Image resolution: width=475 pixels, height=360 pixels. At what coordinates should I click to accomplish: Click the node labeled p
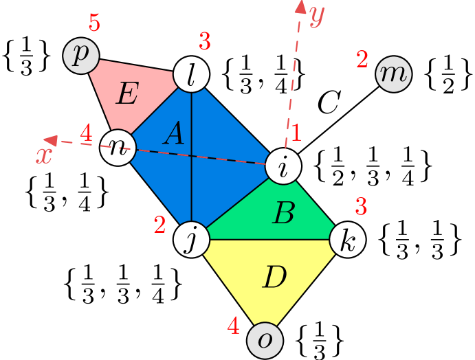(x=81, y=56)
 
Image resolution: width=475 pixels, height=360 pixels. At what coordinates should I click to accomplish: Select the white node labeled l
(x=190, y=74)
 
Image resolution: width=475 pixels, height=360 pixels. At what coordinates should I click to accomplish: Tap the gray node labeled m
(x=393, y=74)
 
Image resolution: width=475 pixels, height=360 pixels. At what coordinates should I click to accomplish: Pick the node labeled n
(x=118, y=147)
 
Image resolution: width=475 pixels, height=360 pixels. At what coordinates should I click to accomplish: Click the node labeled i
(x=283, y=166)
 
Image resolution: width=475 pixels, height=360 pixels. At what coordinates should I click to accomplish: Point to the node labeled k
(x=347, y=240)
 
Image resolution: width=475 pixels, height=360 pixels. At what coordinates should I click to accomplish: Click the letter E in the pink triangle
(x=126, y=94)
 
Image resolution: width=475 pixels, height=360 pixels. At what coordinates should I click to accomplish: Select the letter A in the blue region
(x=174, y=133)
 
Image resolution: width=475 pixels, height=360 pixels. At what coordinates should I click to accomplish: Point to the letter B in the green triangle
(x=283, y=214)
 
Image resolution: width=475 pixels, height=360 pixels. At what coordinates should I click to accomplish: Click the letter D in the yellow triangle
(x=274, y=278)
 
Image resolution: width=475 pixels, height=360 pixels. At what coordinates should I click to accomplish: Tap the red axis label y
(x=316, y=15)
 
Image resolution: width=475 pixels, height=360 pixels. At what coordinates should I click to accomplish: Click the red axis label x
(x=44, y=156)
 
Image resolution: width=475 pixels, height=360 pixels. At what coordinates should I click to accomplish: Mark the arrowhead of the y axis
(x=300, y=7)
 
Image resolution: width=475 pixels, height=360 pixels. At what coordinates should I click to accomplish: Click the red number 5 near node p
(x=94, y=24)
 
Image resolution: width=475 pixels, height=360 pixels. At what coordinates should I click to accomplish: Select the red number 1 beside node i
(x=296, y=133)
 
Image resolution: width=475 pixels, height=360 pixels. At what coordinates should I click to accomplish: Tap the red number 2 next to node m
(x=362, y=60)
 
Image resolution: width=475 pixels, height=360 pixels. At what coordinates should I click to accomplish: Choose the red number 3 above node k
(x=361, y=206)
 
